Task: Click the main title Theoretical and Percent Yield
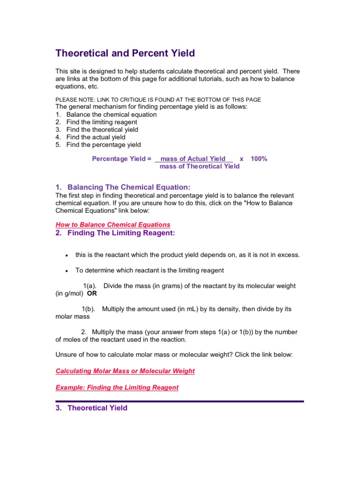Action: coord(125,53)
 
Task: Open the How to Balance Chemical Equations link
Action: coord(112,225)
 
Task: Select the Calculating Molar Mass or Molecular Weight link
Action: coord(125,371)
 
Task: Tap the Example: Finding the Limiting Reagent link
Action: coord(117,387)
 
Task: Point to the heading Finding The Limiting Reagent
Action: coord(121,233)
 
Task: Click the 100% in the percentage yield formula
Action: coord(259,159)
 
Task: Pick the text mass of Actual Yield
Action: coord(193,159)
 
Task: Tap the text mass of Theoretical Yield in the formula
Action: coord(199,166)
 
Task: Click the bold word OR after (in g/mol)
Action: coord(92,293)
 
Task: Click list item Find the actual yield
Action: coord(96,137)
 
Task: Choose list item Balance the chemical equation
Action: coord(111,114)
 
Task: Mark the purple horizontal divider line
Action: coord(180,401)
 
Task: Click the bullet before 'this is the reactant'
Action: coord(67,255)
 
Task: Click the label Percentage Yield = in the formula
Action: coord(121,159)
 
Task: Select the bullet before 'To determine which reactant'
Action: coord(67,271)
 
